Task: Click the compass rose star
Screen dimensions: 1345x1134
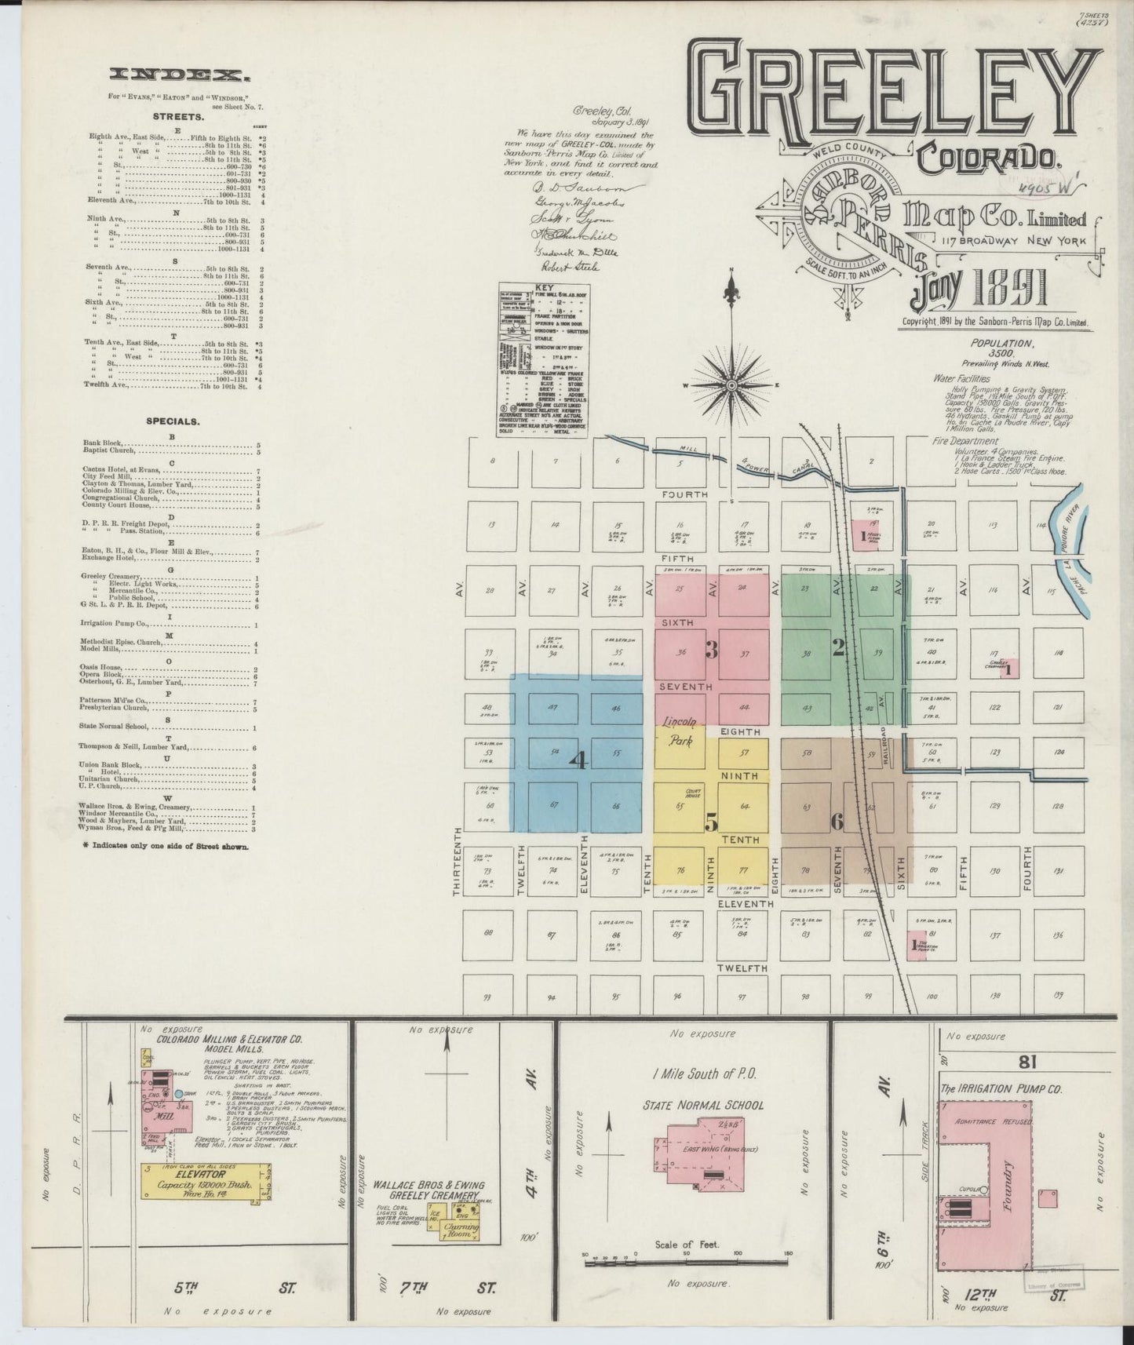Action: (731, 385)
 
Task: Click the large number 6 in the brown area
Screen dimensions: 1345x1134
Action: (837, 822)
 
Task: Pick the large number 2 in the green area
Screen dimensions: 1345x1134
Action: (838, 647)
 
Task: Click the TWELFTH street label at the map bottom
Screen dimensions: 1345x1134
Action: (742, 969)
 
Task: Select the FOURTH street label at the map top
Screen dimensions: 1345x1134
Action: (684, 494)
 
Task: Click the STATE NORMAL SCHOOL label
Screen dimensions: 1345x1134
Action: (702, 1105)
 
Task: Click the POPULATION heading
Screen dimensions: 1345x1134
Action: (1002, 343)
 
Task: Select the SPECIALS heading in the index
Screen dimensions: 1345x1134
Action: (173, 421)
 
